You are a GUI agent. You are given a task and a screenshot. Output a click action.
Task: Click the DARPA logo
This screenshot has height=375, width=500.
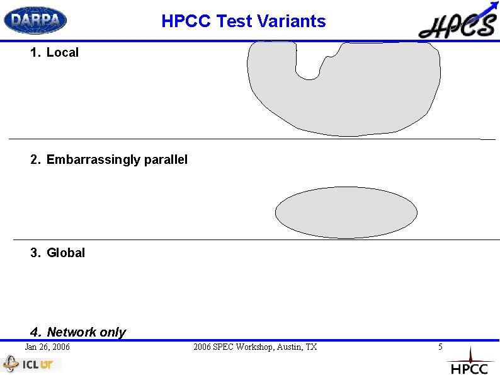click(35, 20)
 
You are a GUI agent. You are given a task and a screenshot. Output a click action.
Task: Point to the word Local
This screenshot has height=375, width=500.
click(62, 53)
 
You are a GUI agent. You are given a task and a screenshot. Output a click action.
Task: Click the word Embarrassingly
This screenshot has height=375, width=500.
click(93, 160)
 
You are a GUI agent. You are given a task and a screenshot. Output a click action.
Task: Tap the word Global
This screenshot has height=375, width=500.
click(65, 253)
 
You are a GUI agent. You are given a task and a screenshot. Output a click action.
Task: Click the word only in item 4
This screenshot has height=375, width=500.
click(113, 332)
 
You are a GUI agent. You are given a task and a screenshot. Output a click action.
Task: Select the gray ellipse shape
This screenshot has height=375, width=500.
click(346, 212)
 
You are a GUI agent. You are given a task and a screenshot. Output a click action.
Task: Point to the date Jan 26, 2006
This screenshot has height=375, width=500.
click(47, 347)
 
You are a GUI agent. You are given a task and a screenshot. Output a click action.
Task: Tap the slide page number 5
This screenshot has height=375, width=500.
click(441, 347)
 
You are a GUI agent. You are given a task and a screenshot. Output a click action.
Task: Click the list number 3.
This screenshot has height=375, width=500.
click(35, 253)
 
